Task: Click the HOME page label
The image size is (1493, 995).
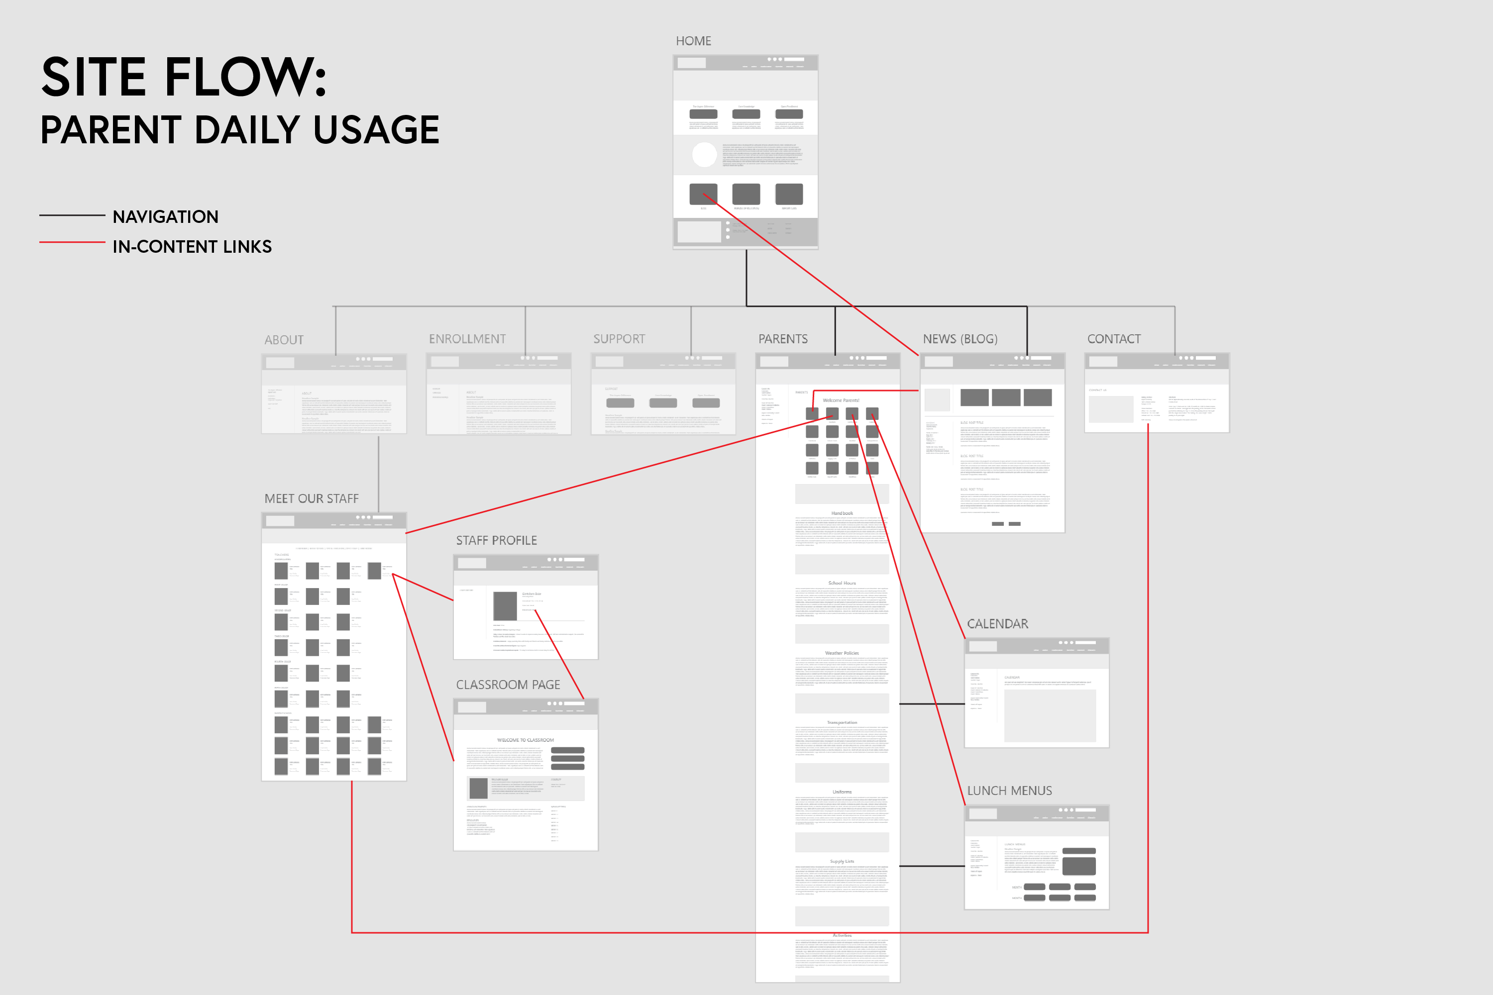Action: pyautogui.click(x=693, y=41)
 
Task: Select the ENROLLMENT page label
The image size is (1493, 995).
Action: pyautogui.click(x=467, y=339)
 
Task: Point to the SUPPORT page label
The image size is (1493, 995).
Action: pyautogui.click(x=619, y=339)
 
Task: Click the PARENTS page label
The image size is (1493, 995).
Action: pyautogui.click(x=783, y=339)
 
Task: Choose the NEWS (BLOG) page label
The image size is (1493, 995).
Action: pyautogui.click(x=960, y=339)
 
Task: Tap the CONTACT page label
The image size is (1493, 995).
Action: pyautogui.click(x=1113, y=339)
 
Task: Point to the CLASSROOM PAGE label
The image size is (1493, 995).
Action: pyautogui.click(x=508, y=685)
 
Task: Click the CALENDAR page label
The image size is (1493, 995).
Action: pyautogui.click(x=997, y=624)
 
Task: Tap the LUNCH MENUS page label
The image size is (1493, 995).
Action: pyautogui.click(x=1009, y=791)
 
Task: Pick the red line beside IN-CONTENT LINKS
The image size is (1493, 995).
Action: pyautogui.click(x=72, y=242)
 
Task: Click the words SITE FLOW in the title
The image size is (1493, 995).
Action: pyautogui.click(x=184, y=78)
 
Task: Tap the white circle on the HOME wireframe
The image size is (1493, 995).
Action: pyautogui.click(x=704, y=155)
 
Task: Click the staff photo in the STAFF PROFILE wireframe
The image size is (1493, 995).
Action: pyautogui.click(x=505, y=606)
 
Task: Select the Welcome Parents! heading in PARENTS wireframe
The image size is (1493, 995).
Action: pyautogui.click(x=841, y=400)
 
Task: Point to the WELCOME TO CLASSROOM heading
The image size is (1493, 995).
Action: pyautogui.click(x=525, y=740)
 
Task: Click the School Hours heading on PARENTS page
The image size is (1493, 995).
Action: pyautogui.click(x=842, y=583)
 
